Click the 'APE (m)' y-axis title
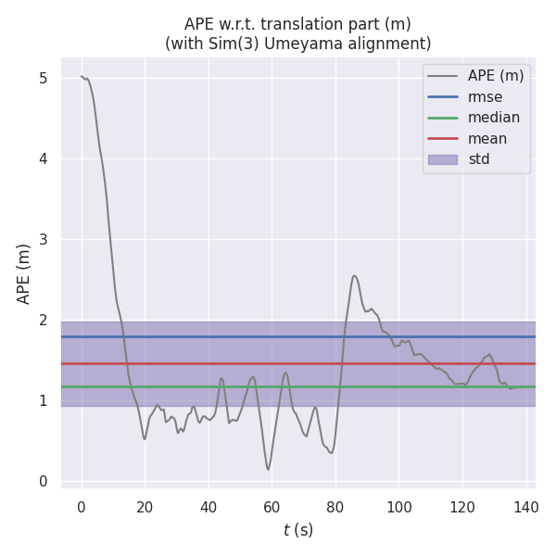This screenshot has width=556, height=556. click(24, 273)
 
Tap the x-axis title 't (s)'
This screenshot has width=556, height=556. click(298, 530)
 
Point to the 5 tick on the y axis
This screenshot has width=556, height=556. click(43, 79)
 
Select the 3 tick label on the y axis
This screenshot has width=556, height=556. click(43, 240)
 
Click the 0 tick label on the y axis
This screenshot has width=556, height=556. click(43, 481)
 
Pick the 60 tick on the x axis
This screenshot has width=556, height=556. click(272, 507)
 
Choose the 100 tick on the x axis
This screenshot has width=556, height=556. click(399, 507)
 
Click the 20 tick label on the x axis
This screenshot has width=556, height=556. click(145, 507)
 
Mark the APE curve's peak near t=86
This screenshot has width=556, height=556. click(354, 275)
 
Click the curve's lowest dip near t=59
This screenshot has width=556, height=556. click(269, 470)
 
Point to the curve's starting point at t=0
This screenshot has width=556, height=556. click(82, 76)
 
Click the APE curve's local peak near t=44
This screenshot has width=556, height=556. click(221, 378)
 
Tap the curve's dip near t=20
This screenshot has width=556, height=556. click(145, 438)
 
